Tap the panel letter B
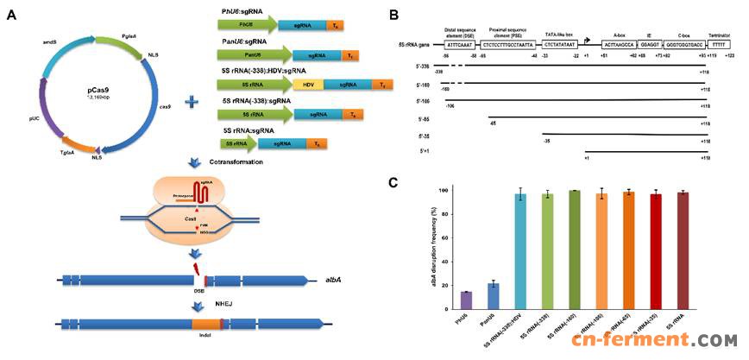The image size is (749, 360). pos(393,16)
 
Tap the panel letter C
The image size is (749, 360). pos(393,182)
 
